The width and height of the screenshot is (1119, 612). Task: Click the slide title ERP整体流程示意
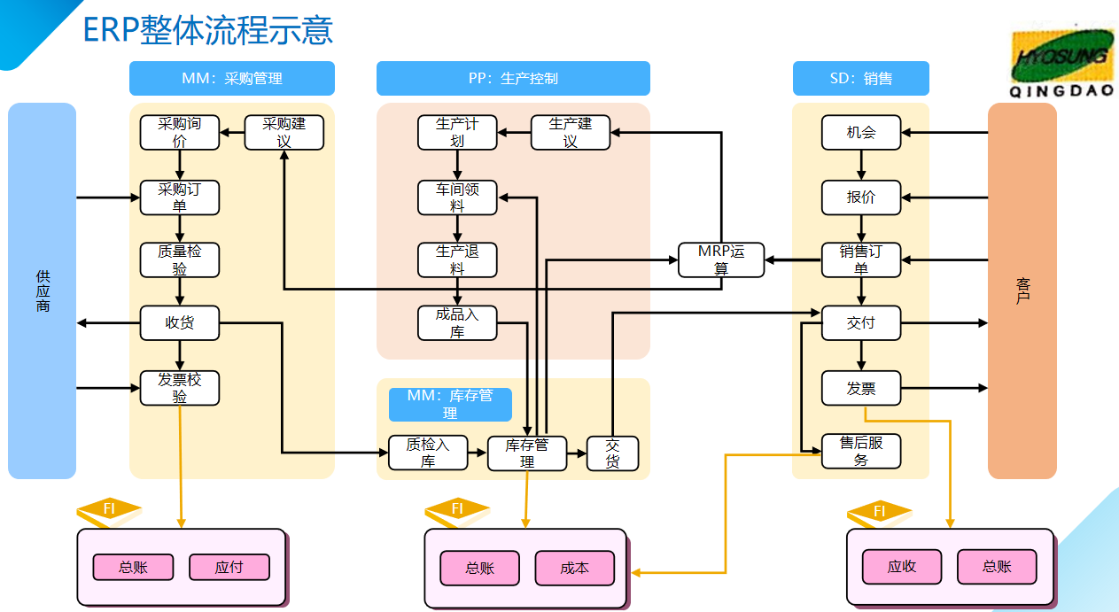click(207, 29)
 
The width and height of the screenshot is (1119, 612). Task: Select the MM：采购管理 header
click(232, 78)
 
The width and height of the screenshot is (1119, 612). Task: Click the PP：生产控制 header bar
click(513, 78)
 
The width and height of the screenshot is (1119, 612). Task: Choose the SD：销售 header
click(860, 78)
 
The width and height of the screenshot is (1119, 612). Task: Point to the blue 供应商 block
click(43, 291)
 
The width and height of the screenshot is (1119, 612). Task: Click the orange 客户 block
click(1022, 291)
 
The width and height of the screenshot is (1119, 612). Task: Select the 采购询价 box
click(180, 133)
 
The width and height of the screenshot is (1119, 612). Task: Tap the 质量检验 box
click(180, 260)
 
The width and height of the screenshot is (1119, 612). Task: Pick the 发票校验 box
click(180, 388)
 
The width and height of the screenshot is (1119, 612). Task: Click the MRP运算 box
click(721, 260)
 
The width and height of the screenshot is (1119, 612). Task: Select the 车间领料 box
click(457, 198)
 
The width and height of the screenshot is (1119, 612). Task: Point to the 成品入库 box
click(457, 323)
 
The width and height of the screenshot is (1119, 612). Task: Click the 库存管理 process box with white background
click(527, 453)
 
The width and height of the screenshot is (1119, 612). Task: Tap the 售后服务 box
click(861, 451)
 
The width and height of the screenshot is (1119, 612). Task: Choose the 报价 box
click(861, 198)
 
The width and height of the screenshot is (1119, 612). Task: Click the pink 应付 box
click(229, 567)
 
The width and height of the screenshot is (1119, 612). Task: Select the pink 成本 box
click(574, 568)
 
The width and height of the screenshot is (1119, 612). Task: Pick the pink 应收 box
click(902, 567)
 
